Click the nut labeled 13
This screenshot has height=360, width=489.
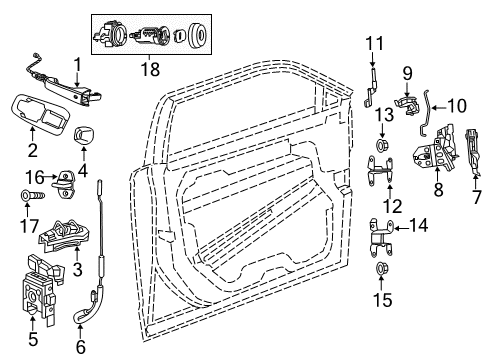[x=381, y=148]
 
